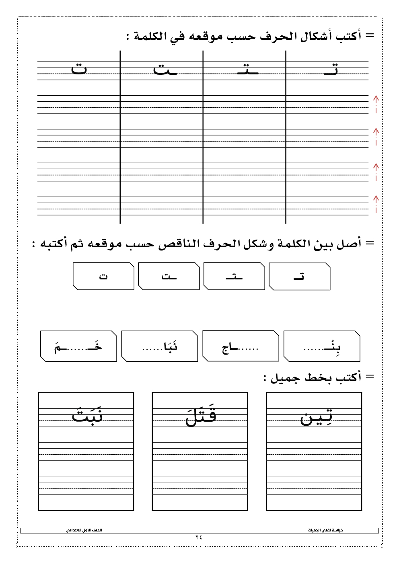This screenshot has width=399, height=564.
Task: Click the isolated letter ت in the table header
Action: point(79,69)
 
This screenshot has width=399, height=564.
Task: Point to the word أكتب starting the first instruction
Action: point(349,36)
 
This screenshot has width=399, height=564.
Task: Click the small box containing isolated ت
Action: point(103,276)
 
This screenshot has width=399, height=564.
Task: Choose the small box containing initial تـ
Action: point(299,276)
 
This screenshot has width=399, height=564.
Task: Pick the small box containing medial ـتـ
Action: point(234,276)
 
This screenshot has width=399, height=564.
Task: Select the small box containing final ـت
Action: point(169,276)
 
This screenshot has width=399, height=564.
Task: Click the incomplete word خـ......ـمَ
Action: point(78,347)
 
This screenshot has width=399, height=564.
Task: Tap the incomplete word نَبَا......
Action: point(160,347)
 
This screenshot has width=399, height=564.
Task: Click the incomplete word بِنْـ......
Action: point(322,347)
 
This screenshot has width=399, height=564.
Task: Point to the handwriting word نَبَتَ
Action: point(87,414)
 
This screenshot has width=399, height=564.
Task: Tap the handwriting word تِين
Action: point(317,417)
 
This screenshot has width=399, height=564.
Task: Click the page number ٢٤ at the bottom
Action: point(199,537)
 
